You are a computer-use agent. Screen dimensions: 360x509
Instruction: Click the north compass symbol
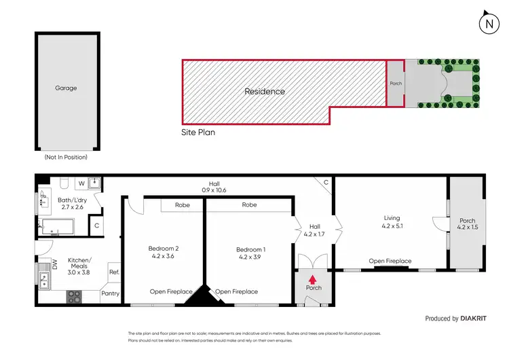(487, 24)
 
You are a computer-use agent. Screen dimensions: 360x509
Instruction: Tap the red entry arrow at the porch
(313, 278)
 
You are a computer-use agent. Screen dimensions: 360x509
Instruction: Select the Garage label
(66, 88)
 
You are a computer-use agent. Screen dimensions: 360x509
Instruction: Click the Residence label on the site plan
(265, 91)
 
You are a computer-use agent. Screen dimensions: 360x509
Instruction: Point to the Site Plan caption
(198, 132)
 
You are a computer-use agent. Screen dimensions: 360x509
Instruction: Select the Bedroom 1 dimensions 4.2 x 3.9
(250, 257)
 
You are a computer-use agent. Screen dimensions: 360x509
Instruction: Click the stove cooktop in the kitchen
(73, 296)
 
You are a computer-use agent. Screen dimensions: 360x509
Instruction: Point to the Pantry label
(110, 293)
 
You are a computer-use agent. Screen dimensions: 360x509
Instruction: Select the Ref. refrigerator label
(113, 272)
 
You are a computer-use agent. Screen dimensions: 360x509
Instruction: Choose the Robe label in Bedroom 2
(183, 204)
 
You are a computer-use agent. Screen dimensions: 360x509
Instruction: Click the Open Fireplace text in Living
(390, 261)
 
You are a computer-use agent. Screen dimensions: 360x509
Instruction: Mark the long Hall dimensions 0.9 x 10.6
(214, 190)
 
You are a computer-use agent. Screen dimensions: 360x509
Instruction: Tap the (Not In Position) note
(66, 157)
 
